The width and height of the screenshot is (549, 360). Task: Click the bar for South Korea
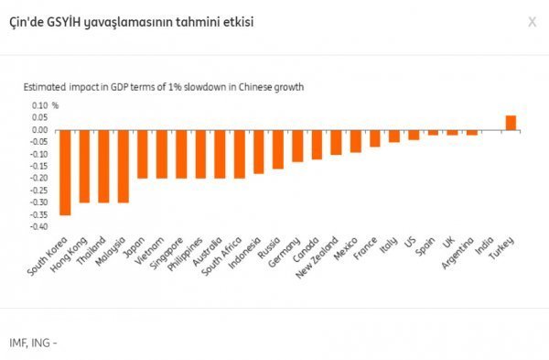click(65, 172)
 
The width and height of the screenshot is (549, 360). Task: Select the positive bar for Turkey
click(511, 123)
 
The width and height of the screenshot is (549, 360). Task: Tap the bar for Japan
click(142, 154)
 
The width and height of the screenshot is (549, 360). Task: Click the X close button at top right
click(532, 21)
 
